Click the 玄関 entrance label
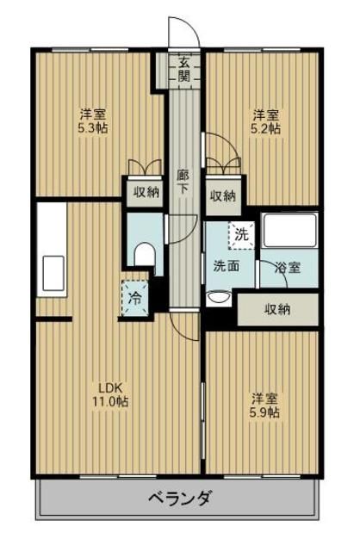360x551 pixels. [184, 67]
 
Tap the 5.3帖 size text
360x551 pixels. [94, 128]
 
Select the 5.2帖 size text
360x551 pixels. [265, 128]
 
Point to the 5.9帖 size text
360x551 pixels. [264, 412]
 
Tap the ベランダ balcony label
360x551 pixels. [179, 498]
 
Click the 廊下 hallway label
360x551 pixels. [183, 182]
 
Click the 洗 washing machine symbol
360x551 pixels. [241, 233]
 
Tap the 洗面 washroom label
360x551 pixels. [227, 267]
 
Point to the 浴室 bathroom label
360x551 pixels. [288, 267]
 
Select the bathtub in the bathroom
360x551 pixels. [290, 231]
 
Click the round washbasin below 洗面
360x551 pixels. [219, 298]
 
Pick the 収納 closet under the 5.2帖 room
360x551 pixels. [223, 195]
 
